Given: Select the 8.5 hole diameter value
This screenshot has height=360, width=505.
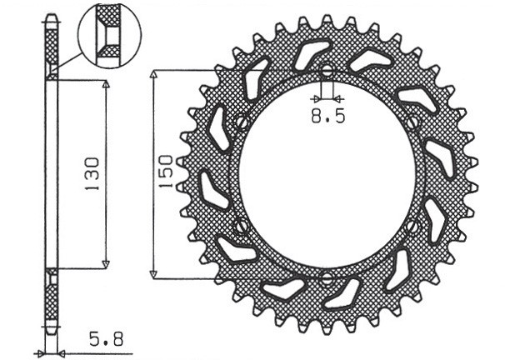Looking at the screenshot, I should [327, 117].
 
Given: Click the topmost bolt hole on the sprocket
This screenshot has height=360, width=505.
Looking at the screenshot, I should [327, 70].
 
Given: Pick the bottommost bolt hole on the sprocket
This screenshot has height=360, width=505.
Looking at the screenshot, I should [327, 278].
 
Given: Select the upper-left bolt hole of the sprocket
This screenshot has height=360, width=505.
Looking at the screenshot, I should [242, 122].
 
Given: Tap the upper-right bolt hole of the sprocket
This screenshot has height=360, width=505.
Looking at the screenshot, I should [412, 122].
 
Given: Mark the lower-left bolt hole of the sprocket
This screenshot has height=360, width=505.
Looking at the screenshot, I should [242, 226].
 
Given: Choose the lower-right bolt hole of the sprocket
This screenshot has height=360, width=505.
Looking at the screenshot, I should [412, 226].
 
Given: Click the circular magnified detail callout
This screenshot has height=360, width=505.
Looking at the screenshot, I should [109, 34].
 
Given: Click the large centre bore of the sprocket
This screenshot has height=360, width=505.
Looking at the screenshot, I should [327, 174].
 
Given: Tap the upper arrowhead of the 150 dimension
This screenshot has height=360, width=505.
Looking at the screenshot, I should [154, 75].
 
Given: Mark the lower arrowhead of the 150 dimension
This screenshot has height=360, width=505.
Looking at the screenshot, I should [154, 273].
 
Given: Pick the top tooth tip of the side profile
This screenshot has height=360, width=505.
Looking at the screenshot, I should [52, 17].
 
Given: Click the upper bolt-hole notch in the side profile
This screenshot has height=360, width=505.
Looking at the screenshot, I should [52, 73].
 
